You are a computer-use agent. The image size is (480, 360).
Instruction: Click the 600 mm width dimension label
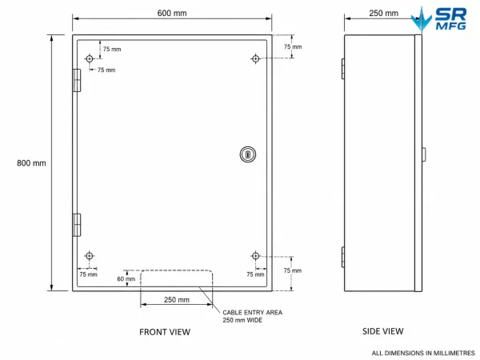tap(172, 13)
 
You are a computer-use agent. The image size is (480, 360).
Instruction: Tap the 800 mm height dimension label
tap(31, 163)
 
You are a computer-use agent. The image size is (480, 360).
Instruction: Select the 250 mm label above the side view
tap(383, 13)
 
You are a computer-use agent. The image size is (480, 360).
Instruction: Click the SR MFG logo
tap(438, 18)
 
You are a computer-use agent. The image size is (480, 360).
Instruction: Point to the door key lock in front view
tap(248, 154)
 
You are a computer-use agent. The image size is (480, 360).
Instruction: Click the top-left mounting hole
tap(90, 58)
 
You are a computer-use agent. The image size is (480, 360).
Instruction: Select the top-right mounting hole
tap(256, 58)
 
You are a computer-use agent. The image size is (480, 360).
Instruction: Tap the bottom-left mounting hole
tap(90, 256)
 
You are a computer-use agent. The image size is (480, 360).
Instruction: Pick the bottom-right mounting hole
tap(256, 256)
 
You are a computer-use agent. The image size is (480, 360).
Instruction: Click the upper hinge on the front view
tap(77, 80)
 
